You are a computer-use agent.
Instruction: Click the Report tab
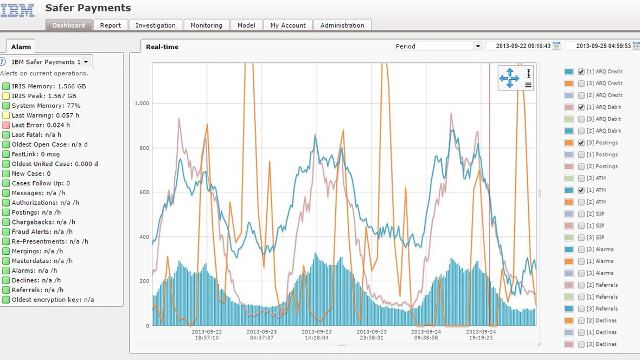(111, 25)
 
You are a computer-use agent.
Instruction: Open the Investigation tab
(156, 25)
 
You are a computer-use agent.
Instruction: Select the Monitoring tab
(206, 25)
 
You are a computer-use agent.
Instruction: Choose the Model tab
(246, 25)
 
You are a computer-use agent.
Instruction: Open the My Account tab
(288, 25)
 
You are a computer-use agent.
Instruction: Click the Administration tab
(342, 25)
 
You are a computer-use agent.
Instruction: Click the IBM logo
(18, 10)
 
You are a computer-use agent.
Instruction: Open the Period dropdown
(438, 47)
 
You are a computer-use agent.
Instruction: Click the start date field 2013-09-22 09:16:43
(520, 47)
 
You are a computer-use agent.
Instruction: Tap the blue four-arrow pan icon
(509, 78)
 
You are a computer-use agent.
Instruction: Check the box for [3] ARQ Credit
(581, 83)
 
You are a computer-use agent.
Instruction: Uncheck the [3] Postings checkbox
(581, 143)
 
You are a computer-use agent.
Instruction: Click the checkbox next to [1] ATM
(581, 190)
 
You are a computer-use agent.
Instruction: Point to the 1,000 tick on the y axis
(142, 103)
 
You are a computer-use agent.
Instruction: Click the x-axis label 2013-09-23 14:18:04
(316, 334)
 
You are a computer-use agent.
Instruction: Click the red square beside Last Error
(6, 125)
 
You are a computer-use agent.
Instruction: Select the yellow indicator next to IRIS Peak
(6, 96)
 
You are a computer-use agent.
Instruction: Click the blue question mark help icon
(3, 62)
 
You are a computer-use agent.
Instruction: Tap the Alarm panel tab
(22, 47)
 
